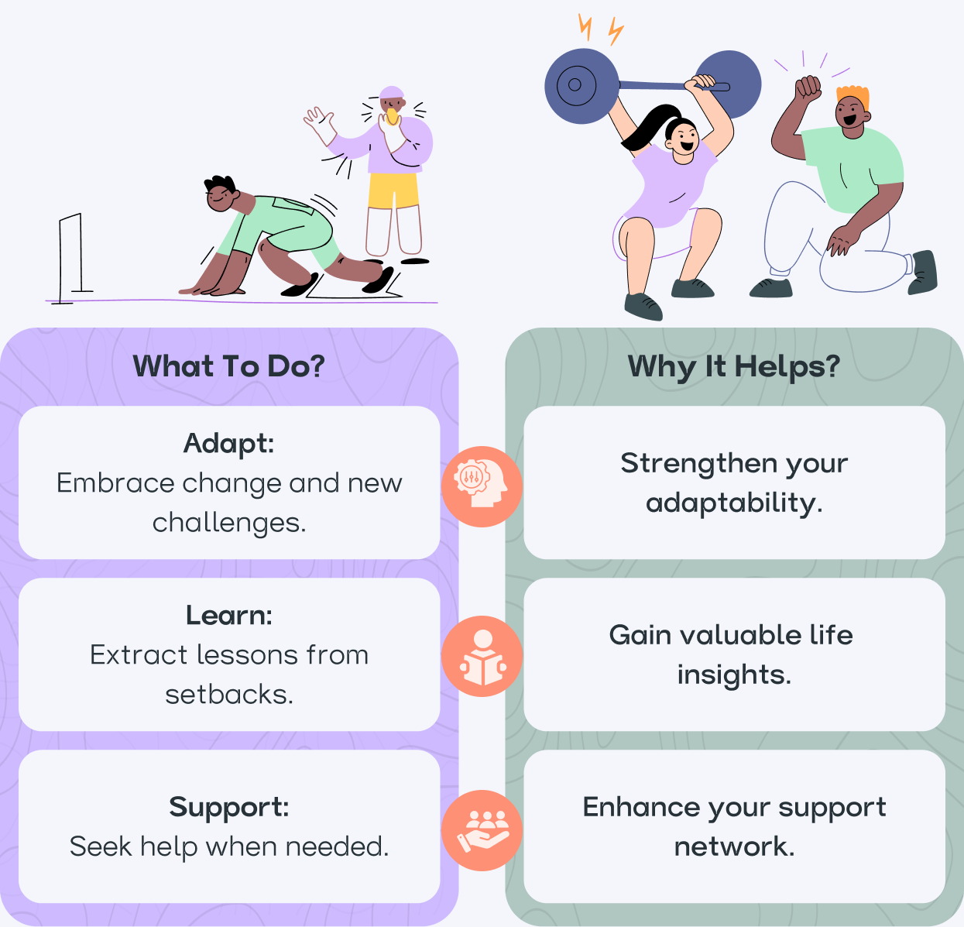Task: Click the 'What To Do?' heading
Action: [x=228, y=366]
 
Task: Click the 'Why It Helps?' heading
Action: [x=733, y=366]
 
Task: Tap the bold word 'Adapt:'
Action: [x=228, y=444]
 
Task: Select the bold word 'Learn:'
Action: [x=228, y=616]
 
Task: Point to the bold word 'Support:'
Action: [x=228, y=807]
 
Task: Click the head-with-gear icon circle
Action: [x=482, y=486]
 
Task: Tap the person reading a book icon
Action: [x=482, y=657]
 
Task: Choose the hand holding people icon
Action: [x=482, y=830]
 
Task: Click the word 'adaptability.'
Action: [x=733, y=503]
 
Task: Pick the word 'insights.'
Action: [x=733, y=675]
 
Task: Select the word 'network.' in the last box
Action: [x=733, y=846]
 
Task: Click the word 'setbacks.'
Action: [x=228, y=695]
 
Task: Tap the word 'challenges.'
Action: [x=228, y=523]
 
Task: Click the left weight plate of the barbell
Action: [x=581, y=86]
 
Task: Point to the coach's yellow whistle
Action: [x=393, y=116]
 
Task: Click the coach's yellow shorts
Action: [x=393, y=191]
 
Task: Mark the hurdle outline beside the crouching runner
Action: [x=71, y=256]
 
